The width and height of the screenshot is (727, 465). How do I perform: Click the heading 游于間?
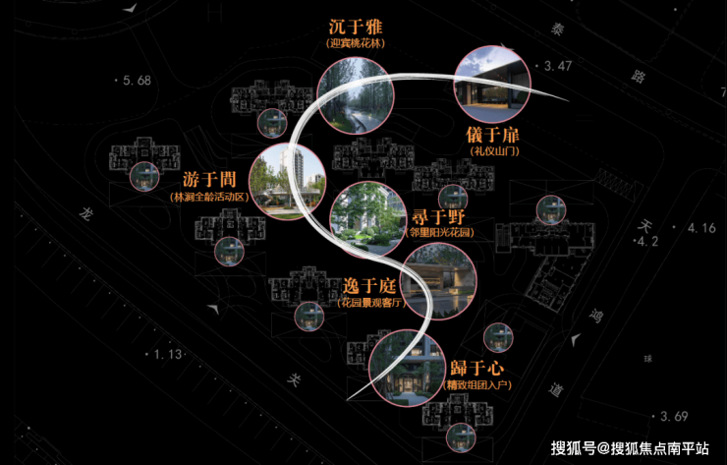(209, 180)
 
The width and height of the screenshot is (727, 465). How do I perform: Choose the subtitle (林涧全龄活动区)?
(209, 197)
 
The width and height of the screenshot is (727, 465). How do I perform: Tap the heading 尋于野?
(438, 216)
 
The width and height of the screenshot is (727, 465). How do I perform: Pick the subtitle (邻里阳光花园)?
(438, 233)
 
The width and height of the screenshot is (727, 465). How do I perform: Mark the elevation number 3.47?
(556, 65)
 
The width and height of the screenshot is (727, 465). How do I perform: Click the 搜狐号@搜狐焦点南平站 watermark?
(630, 448)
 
